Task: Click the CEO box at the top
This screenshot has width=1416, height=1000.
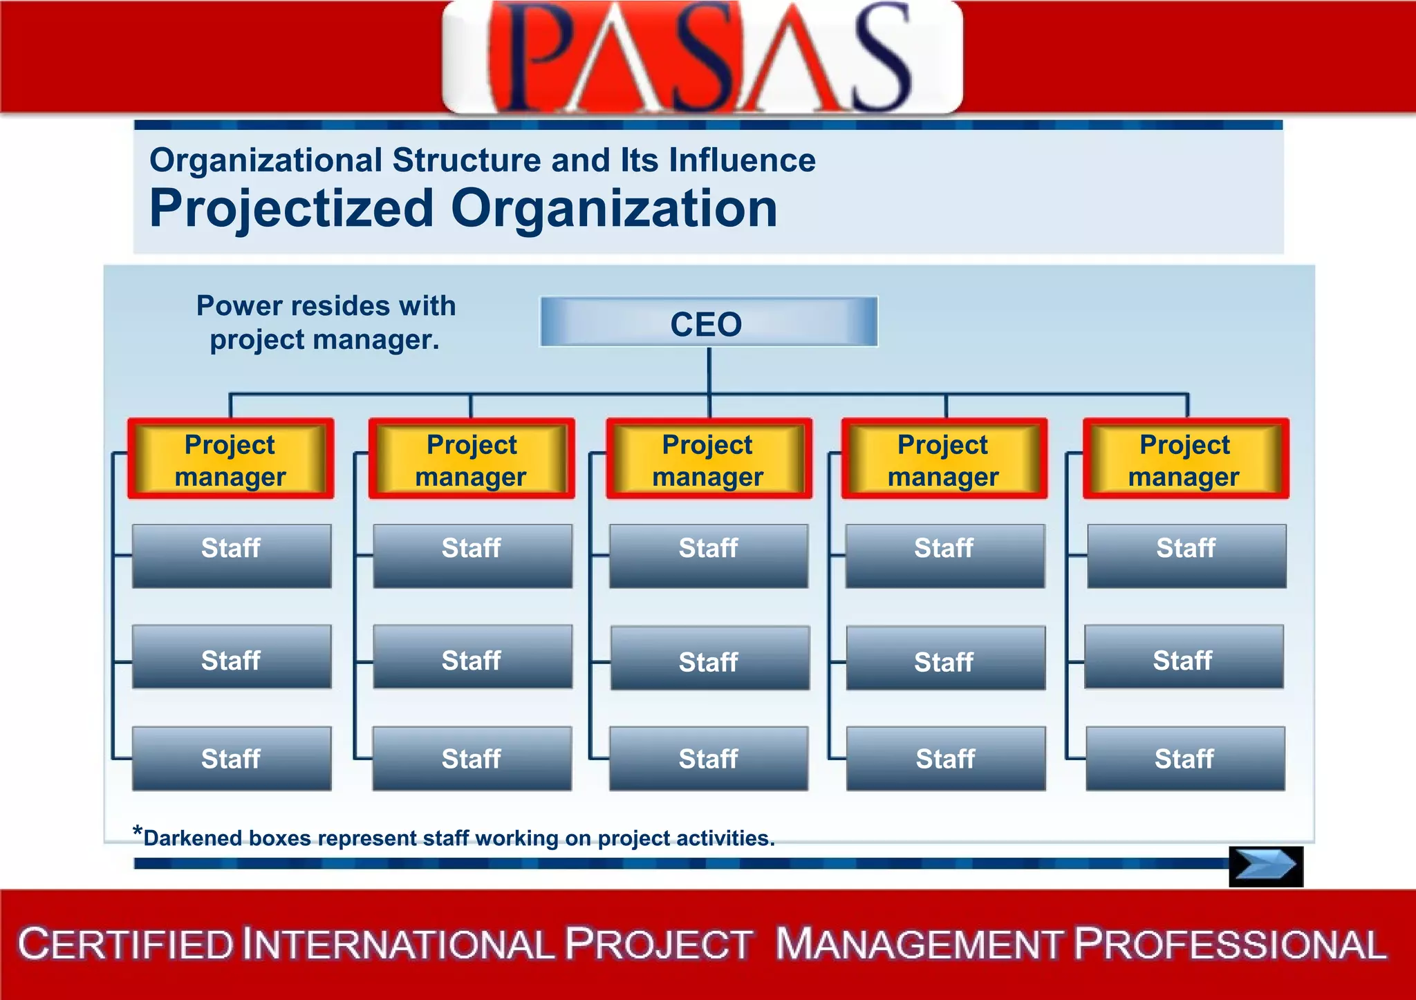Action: coord(709,322)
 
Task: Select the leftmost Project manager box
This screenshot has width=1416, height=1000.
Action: coord(230,459)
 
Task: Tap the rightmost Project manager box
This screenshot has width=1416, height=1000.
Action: coord(1185,459)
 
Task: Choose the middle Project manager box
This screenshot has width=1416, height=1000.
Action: coord(709,459)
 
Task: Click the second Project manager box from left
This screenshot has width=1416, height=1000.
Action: coord(472,459)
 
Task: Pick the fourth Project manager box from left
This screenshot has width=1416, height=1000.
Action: coord(944,459)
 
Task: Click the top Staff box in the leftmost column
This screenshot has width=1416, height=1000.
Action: coord(232,556)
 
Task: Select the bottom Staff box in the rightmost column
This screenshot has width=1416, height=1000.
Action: coord(1185,758)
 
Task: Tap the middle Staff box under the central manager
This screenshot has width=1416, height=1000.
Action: coord(709,658)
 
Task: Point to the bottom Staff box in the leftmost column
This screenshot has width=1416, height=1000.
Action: coord(232,758)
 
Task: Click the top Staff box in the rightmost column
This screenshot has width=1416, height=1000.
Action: coord(1186,556)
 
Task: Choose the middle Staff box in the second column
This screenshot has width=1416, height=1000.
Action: coord(472,657)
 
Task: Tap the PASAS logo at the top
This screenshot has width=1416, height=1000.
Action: coord(702,57)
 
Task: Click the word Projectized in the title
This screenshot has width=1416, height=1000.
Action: coord(291,209)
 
